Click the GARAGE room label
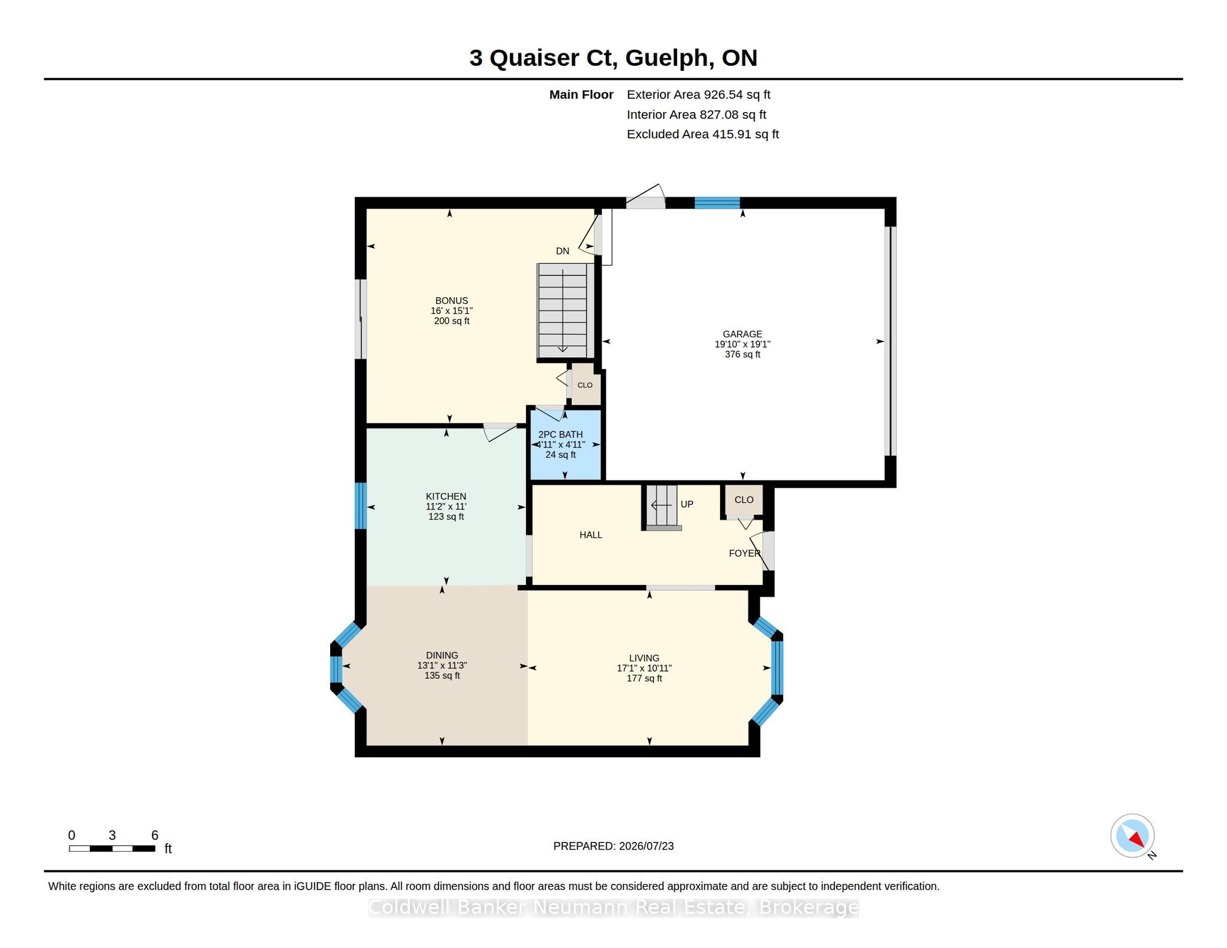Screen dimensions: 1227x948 (742, 334)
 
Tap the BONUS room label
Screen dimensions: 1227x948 (452, 301)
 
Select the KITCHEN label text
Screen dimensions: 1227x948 (446, 496)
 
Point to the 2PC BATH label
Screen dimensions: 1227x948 (561, 434)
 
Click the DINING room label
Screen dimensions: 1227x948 (442, 656)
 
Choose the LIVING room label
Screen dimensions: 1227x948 (644, 658)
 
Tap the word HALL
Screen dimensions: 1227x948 (591, 535)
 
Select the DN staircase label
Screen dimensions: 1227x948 (563, 251)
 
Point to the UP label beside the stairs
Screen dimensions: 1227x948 (687, 505)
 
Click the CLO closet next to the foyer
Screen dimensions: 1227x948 (744, 500)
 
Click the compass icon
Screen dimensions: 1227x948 (1132, 836)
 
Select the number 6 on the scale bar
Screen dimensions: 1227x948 (155, 835)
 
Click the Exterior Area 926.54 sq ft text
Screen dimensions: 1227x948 (699, 95)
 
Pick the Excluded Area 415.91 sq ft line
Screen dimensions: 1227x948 (703, 134)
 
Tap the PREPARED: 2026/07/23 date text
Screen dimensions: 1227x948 (613, 846)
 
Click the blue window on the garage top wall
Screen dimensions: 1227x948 (717, 203)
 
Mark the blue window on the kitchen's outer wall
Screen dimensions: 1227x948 (361, 506)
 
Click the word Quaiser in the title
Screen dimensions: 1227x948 (534, 58)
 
